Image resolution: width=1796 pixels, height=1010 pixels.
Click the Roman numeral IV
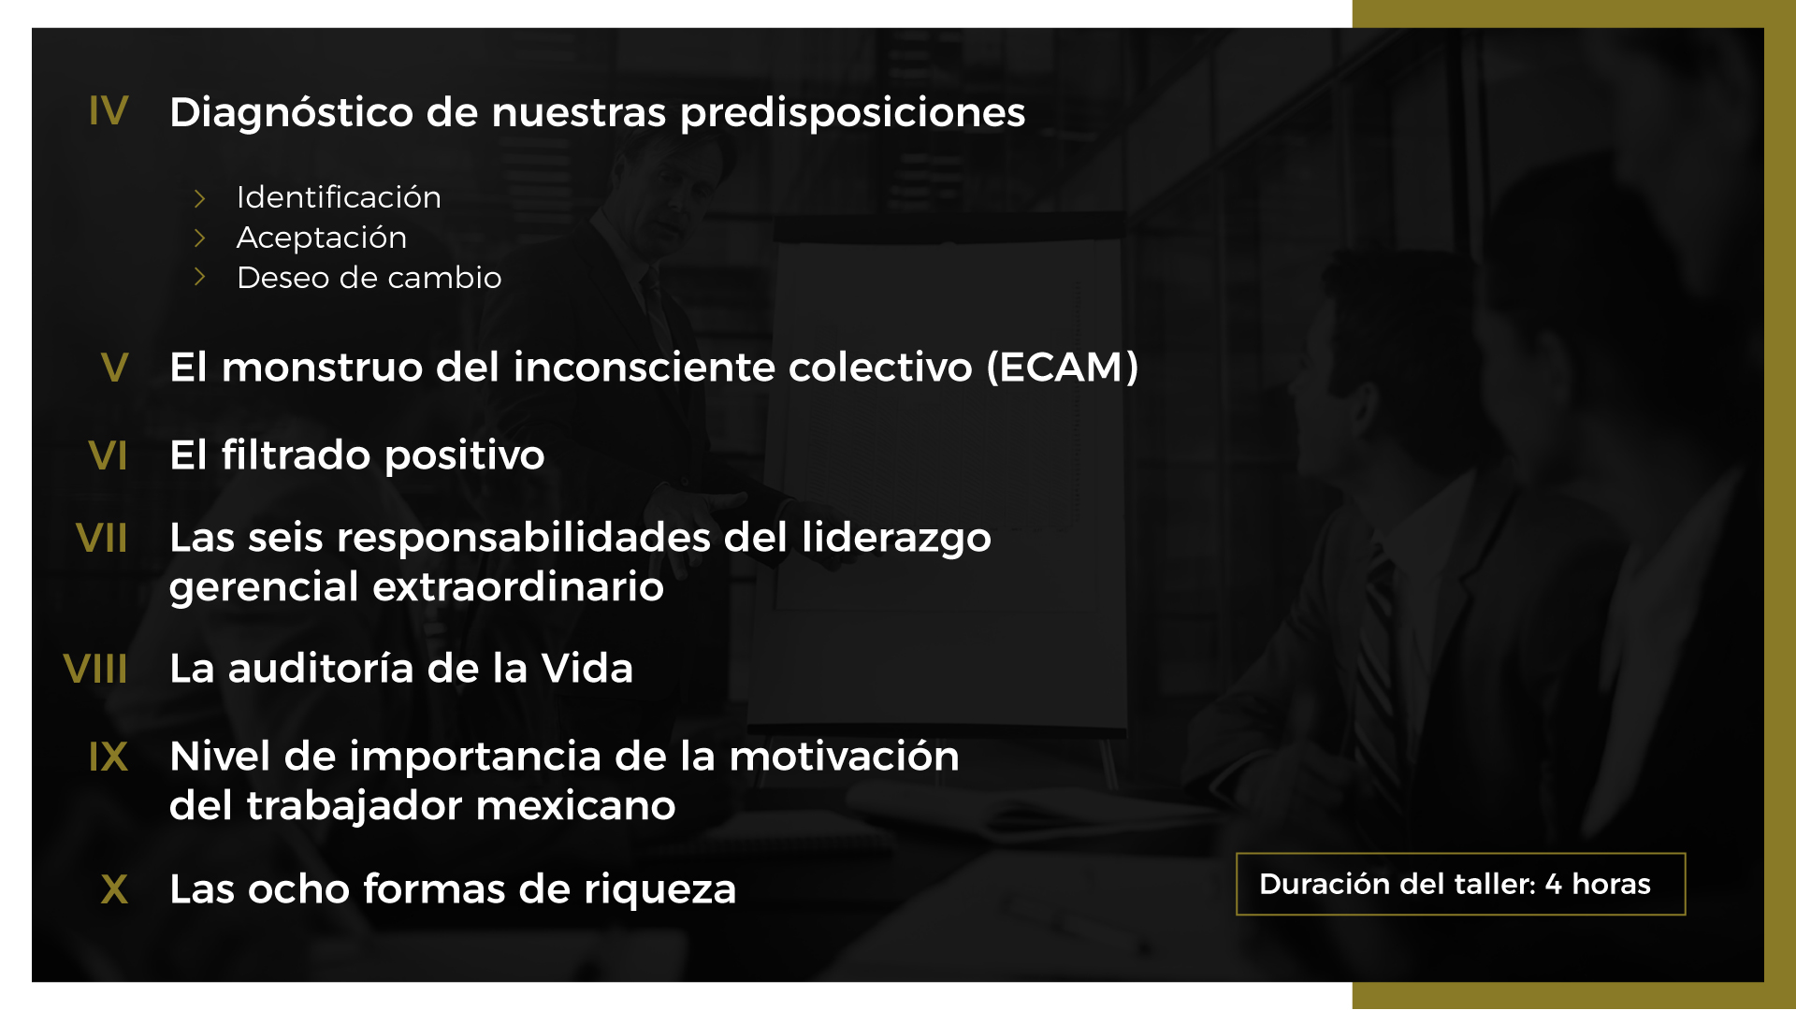click(109, 110)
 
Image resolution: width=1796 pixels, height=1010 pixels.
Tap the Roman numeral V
click(114, 367)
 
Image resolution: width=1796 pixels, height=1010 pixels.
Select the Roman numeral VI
click(108, 455)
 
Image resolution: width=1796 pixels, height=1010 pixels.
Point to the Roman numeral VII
click(101, 538)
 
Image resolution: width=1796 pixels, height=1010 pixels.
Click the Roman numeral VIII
click(95, 669)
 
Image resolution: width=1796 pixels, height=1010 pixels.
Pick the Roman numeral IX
click(109, 757)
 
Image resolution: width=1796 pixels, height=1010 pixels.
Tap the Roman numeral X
click(114, 888)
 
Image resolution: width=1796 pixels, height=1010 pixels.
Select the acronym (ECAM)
click(1063, 368)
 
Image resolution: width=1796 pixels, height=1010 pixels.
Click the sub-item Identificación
click(339, 197)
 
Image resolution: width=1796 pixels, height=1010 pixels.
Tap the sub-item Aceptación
click(322, 238)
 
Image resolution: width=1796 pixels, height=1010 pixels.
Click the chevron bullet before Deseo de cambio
click(199, 277)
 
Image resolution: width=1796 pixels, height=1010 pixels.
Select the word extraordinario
click(518, 587)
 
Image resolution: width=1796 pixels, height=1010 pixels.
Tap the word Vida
click(587, 669)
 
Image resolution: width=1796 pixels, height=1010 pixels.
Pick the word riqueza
click(659, 890)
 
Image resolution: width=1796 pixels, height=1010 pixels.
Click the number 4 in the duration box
click(1554, 885)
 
